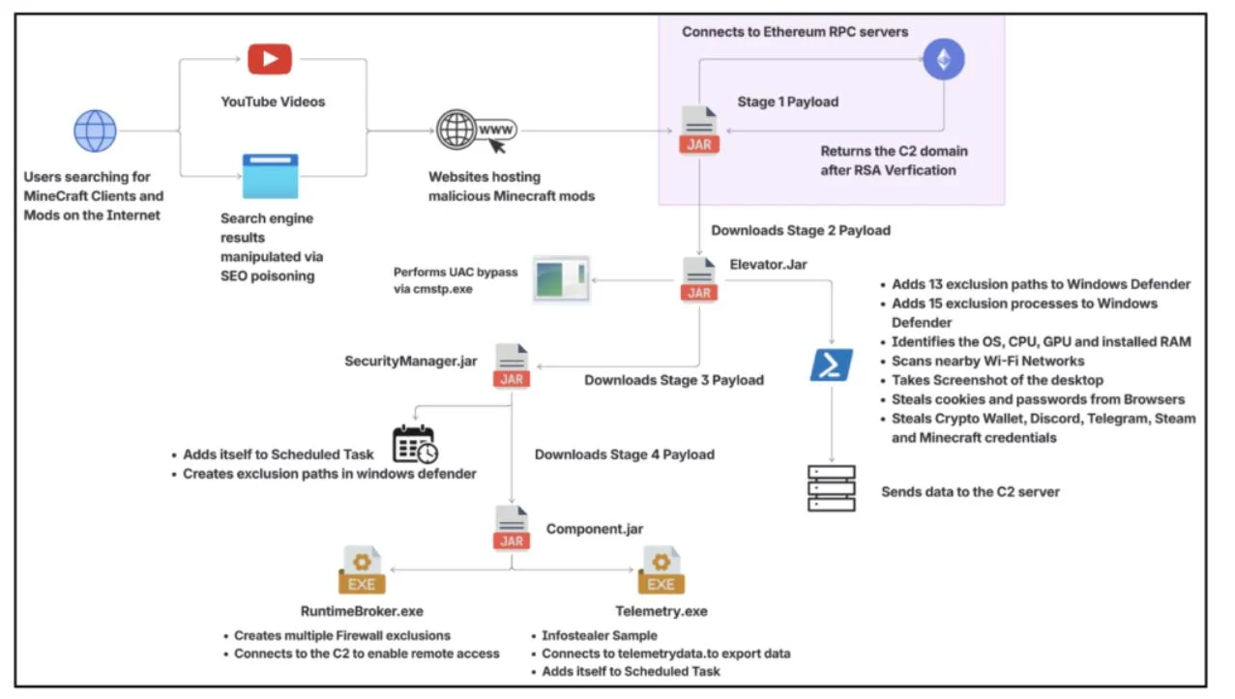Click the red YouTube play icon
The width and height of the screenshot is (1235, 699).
pos(270,59)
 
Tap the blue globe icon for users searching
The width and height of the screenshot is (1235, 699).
pos(95,131)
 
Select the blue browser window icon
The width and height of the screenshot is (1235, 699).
pos(270,176)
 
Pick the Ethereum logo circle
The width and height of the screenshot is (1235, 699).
pos(944,59)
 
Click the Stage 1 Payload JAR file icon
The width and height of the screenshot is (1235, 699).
pos(699,131)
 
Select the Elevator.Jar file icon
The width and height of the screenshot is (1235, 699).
pos(699,279)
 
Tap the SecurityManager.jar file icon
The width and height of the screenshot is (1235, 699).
pos(512,365)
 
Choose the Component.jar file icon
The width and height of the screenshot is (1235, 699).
pos(512,528)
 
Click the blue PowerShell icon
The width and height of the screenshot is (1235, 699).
pos(832,364)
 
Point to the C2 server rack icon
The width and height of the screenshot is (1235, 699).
pos(832,488)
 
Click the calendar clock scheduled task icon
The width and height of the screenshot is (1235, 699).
pos(415,445)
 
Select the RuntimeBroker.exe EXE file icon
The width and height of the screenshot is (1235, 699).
pos(362,570)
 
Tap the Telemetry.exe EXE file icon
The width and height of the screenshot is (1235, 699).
pos(662,570)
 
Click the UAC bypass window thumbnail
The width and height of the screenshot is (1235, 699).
pos(561,279)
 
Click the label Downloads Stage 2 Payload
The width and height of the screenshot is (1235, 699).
pos(801,230)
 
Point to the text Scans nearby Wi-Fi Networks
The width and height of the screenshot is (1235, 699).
pos(988,361)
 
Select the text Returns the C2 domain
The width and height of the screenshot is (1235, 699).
pos(894,151)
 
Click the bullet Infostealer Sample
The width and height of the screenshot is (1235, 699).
pos(600,635)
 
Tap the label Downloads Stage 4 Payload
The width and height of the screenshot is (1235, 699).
pos(625,454)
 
